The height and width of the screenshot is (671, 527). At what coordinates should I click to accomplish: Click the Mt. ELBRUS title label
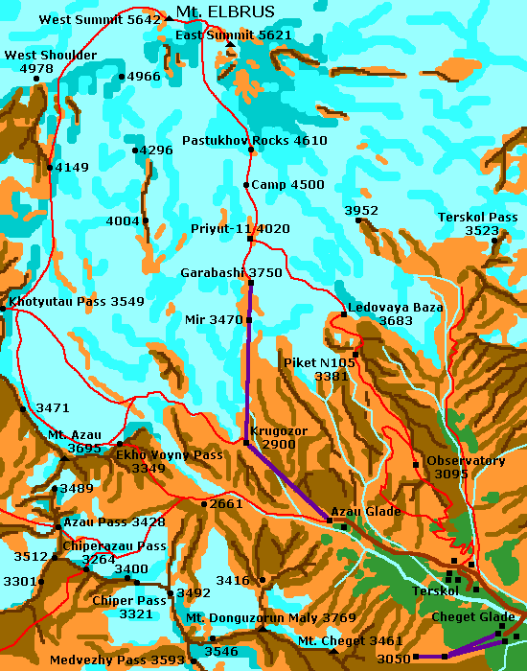click(x=225, y=12)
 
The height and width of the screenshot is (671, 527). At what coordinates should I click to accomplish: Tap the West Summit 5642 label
click(x=100, y=19)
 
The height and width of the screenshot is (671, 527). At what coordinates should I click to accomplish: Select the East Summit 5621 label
click(x=234, y=35)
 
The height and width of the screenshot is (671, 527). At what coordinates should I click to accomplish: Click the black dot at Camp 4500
click(x=246, y=185)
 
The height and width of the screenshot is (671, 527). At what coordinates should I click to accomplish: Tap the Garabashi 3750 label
click(x=231, y=272)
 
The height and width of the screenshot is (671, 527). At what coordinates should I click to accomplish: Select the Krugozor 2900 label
click(x=279, y=438)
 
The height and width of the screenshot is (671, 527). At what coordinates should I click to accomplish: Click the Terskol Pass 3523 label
click(x=477, y=223)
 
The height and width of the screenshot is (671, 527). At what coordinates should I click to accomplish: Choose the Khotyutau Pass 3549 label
click(x=77, y=302)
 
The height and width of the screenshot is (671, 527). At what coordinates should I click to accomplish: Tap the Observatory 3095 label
click(x=465, y=467)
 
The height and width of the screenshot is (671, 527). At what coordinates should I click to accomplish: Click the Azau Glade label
click(x=365, y=511)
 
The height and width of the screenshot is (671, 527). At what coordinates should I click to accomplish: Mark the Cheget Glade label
click(x=473, y=616)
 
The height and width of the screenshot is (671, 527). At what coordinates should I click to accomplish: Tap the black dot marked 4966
click(x=122, y=77)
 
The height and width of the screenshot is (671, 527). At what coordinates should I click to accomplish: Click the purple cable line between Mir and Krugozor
click(x=249, y=383)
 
